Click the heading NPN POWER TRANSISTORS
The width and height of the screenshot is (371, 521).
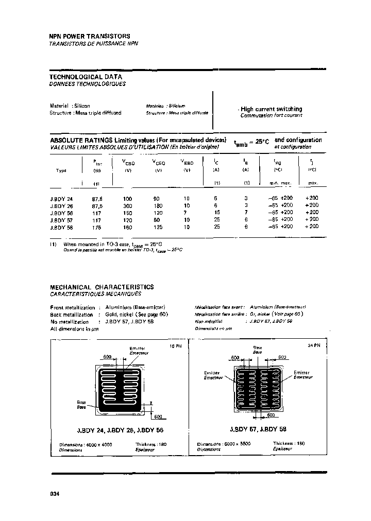point(89,37)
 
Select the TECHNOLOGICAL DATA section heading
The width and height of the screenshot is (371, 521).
point(86,76)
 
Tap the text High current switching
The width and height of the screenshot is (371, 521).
point(271,109)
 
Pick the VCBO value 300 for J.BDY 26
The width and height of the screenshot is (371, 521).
point(128,205)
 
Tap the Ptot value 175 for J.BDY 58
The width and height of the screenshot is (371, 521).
point(96,227)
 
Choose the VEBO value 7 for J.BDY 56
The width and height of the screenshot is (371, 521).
point(187,212)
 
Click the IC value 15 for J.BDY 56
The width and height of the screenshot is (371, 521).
point(216,212)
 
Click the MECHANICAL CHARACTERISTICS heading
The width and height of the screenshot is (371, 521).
point(102,287)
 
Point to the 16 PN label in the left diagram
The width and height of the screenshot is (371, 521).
point(176,346)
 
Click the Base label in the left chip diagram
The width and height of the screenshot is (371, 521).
point(81,402)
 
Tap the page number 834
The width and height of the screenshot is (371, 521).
point(55,494)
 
